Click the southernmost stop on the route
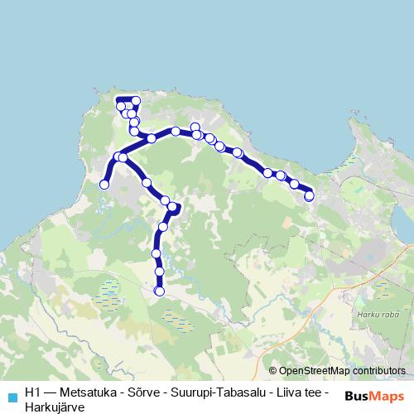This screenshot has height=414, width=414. coord(160,291)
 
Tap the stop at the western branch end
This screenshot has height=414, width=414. coord(104,185)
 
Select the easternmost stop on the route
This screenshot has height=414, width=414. coord(310,196)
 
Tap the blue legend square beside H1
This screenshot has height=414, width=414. coord(12,397)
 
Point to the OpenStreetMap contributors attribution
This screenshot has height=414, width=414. coord(337,371)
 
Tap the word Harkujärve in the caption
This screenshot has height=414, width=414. coord(55,407)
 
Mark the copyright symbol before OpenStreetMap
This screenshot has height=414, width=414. coord(273,371)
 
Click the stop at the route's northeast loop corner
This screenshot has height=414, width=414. coord(136,101)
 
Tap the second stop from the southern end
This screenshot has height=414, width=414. coord(159,271)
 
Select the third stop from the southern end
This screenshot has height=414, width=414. coord(156,253)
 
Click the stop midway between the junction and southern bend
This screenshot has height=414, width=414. coord(147,182)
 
